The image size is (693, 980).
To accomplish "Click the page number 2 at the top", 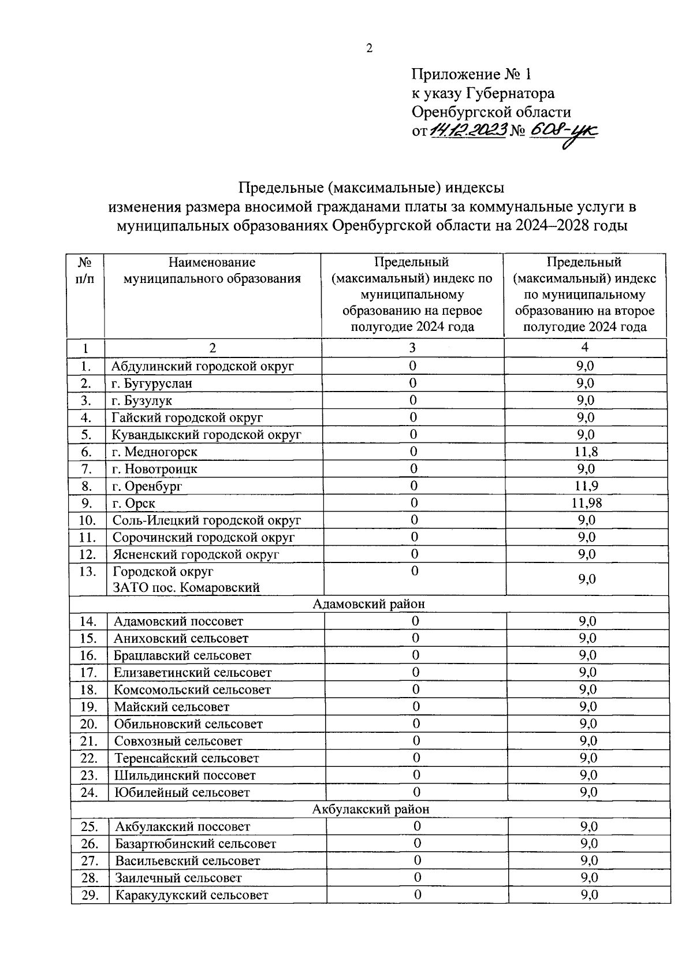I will point(370,49).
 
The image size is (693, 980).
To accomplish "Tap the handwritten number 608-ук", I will point(564,132).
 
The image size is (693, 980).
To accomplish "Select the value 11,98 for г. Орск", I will point(586,503).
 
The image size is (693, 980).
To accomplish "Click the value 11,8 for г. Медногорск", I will point(586,452).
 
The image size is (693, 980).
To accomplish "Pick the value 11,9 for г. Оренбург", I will point(586,486).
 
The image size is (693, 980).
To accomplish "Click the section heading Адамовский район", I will point(368,604).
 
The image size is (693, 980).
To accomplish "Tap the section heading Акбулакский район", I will point(371,809).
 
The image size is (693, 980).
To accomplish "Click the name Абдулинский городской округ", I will point(203,366).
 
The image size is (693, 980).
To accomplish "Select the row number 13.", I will point(87,572).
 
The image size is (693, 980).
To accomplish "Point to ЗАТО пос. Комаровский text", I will point(186,588).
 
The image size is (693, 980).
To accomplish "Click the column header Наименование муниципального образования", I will point(212,271).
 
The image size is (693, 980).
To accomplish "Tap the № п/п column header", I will point(85,271).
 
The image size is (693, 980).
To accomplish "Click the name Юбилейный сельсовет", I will point(182,792).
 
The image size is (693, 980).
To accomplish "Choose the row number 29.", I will point(90,895).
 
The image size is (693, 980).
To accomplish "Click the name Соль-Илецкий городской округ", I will point(207,520).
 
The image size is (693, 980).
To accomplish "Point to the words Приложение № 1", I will point(470,74).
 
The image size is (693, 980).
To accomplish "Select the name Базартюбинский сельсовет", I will point(196,844).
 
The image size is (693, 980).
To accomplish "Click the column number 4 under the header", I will point(584,347).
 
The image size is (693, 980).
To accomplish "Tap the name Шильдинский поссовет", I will point(185,775).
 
